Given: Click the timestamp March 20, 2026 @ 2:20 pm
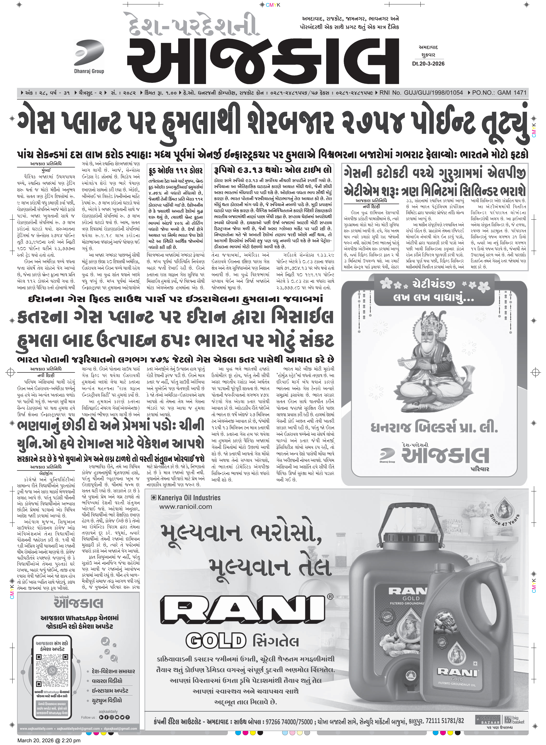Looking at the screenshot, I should (49, 740).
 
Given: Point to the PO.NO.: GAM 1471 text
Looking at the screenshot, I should (499, 93).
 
